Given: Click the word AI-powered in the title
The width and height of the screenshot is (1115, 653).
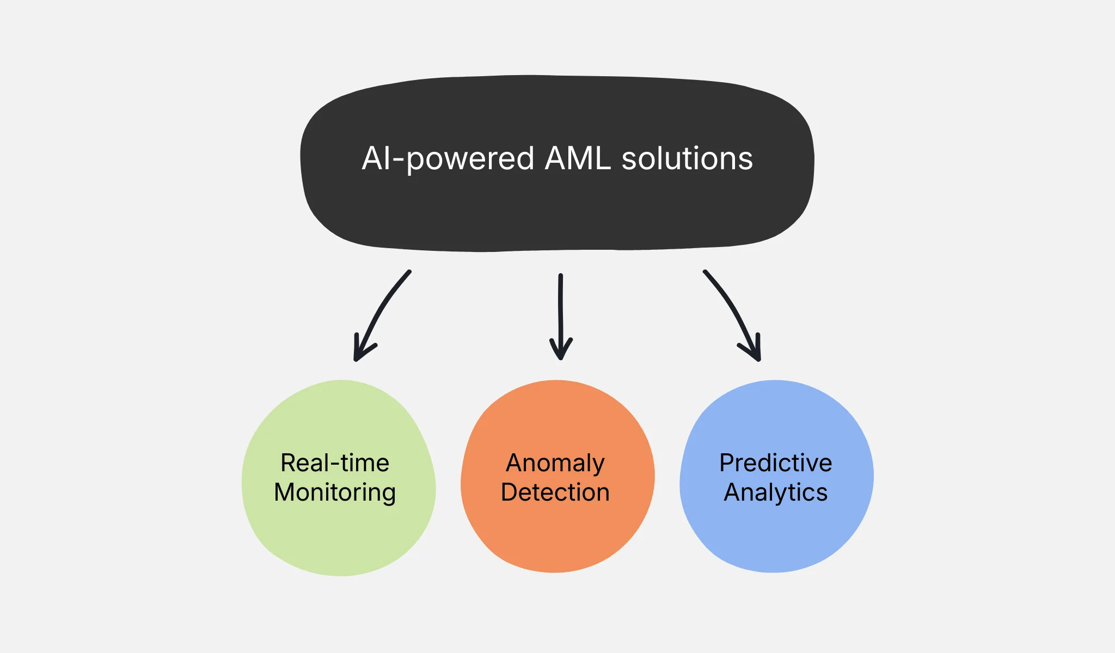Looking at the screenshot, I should pos(448,159).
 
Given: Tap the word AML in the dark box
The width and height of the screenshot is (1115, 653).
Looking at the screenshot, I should pos(577,159).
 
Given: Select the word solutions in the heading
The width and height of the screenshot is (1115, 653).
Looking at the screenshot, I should pos(687,159).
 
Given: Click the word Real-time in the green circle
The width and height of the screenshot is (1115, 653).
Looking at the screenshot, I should pos(335,463).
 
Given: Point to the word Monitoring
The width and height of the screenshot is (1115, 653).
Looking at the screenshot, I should pos(335,492).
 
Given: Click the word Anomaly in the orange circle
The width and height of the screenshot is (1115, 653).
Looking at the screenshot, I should pos(555,464).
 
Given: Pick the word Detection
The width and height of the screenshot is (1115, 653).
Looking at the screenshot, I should pos(555,492).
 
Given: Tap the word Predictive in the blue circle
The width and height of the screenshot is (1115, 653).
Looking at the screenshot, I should pos(775,463).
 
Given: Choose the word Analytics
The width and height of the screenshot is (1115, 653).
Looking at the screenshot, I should pos(775,492).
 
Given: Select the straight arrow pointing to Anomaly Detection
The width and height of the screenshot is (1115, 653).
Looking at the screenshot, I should pos(560,310).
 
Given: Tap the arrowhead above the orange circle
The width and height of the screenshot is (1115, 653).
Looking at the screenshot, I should pos(561,351).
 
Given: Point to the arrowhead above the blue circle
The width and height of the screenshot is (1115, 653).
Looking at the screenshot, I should pos(755,351).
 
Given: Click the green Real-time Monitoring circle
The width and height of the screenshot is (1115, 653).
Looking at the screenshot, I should pos(339,539).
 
